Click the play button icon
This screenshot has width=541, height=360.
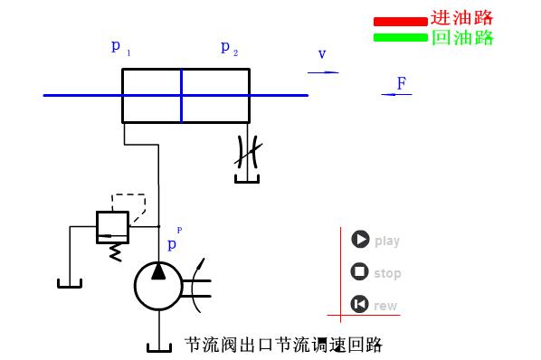pyautogui.click(x=360, y=240)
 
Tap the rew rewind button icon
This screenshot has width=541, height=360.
pyautogui.click(x=360, y=305)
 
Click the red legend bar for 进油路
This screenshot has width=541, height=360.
pyautogui.click(x=399, y=21)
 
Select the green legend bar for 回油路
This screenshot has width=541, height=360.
pyautogui.click(x=399, y=37)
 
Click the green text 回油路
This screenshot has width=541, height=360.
pyautogui.click(x=461, y=37)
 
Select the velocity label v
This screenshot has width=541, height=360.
pyautogui.click(x=321, y=54)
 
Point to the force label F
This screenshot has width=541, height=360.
pyautogui.click(x=401, y=83)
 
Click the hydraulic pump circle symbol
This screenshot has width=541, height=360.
pyautogui.click(x=158, y=285)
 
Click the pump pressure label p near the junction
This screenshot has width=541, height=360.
pyautogui.click(x=173, y=243)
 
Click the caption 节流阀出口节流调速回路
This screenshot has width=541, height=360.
pyautogui.click(x=283, y=345)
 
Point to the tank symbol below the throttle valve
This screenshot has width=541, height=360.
pyautogui.click(x=246, y=179)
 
